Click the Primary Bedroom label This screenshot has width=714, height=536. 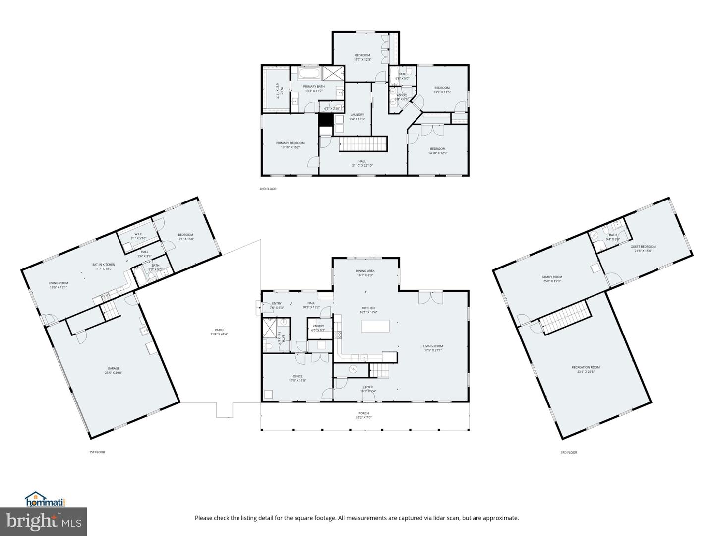click(x=290, y=143)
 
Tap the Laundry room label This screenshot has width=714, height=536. click(x=357, y=115)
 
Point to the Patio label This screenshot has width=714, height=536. click(x=219, y=330)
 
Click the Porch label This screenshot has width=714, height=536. click(x=364, y=413)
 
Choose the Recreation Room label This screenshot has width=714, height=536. click(x=586, y=367)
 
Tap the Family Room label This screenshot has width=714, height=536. click(x=551, y=277)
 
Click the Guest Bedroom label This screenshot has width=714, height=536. click(x=643, y=247)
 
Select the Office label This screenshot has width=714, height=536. click(x=297, y=376)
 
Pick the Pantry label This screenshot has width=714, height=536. click(x=318, y=326)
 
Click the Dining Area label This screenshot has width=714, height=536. click(x=364, y=271)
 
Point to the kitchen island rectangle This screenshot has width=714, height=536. click(x=375, y=326)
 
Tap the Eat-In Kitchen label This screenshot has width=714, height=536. click(x=104, y=265)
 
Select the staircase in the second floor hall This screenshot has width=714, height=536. click(x=362, y=145)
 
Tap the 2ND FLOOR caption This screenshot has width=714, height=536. click(x=268, y=189)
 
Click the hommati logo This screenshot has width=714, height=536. click(x=45, y=499)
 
